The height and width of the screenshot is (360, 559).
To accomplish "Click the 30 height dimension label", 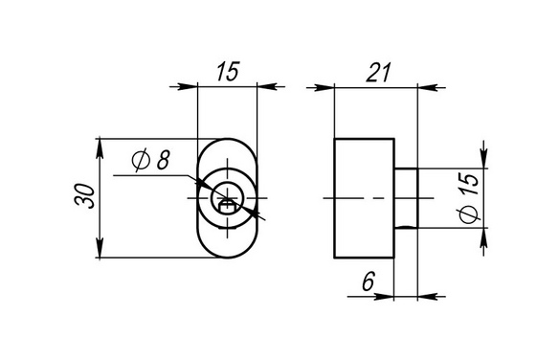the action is click(x=85, y=196).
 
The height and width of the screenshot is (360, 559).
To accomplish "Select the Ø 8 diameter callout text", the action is click(x=150, y=161).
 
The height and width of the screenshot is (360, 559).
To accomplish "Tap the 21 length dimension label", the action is click(x=379, y=73).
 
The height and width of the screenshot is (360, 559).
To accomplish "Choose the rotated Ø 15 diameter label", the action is click(x=469, y=198).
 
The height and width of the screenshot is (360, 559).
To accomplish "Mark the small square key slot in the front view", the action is click(x=227, y=207).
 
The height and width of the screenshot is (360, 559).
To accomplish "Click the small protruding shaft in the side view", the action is click(x=406, y=198).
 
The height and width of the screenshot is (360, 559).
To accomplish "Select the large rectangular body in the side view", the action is click(x=364, y=198).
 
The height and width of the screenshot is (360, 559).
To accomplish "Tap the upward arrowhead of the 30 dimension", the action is click(x=100, y=147).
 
